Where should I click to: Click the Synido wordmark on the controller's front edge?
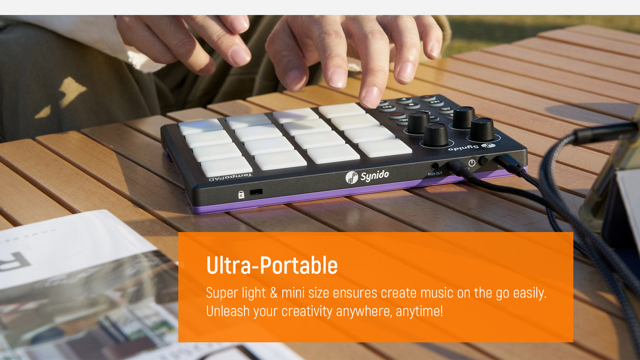[374, 176]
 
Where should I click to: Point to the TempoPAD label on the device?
[231, 176]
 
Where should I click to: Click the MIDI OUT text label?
[435, 174]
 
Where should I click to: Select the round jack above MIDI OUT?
[434, 166]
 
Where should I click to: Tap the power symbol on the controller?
[472, 163]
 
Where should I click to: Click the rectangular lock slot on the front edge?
[256, 192]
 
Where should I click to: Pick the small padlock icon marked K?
[241, 195]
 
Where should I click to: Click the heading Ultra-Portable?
[272, 266]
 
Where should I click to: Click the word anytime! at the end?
[419, 311]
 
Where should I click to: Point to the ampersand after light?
[274, 293]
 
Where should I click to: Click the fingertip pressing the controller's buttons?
[371, 97]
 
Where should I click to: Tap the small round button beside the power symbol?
[484, 160]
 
